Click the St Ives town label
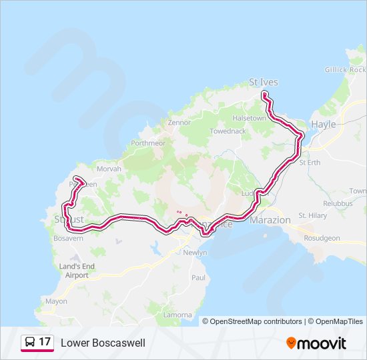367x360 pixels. [x=263, y=82]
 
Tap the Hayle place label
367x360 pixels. [x=324, y=124]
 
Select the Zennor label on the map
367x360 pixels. [x=179, y=123]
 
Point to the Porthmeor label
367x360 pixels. [x=148, y=143]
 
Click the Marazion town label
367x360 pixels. [x=270, y=220]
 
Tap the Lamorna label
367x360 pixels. [x=177, y=314]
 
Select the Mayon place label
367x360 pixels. [x=56, y=301]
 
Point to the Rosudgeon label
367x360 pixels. [x=322, y=238]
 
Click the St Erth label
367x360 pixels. [x=310, y=162]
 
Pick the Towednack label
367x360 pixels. [x=228, y=131]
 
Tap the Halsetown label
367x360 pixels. [x=249, y=118]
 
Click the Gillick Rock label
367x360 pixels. [x=346, y=69]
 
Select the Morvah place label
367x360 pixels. [x=109, y=169]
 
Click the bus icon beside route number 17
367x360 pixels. [x=30, y=342]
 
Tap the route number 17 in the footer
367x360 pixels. [x=45, y=342]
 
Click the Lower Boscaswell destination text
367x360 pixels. [x=103, y=343]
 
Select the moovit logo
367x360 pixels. [x=316, y=343]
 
